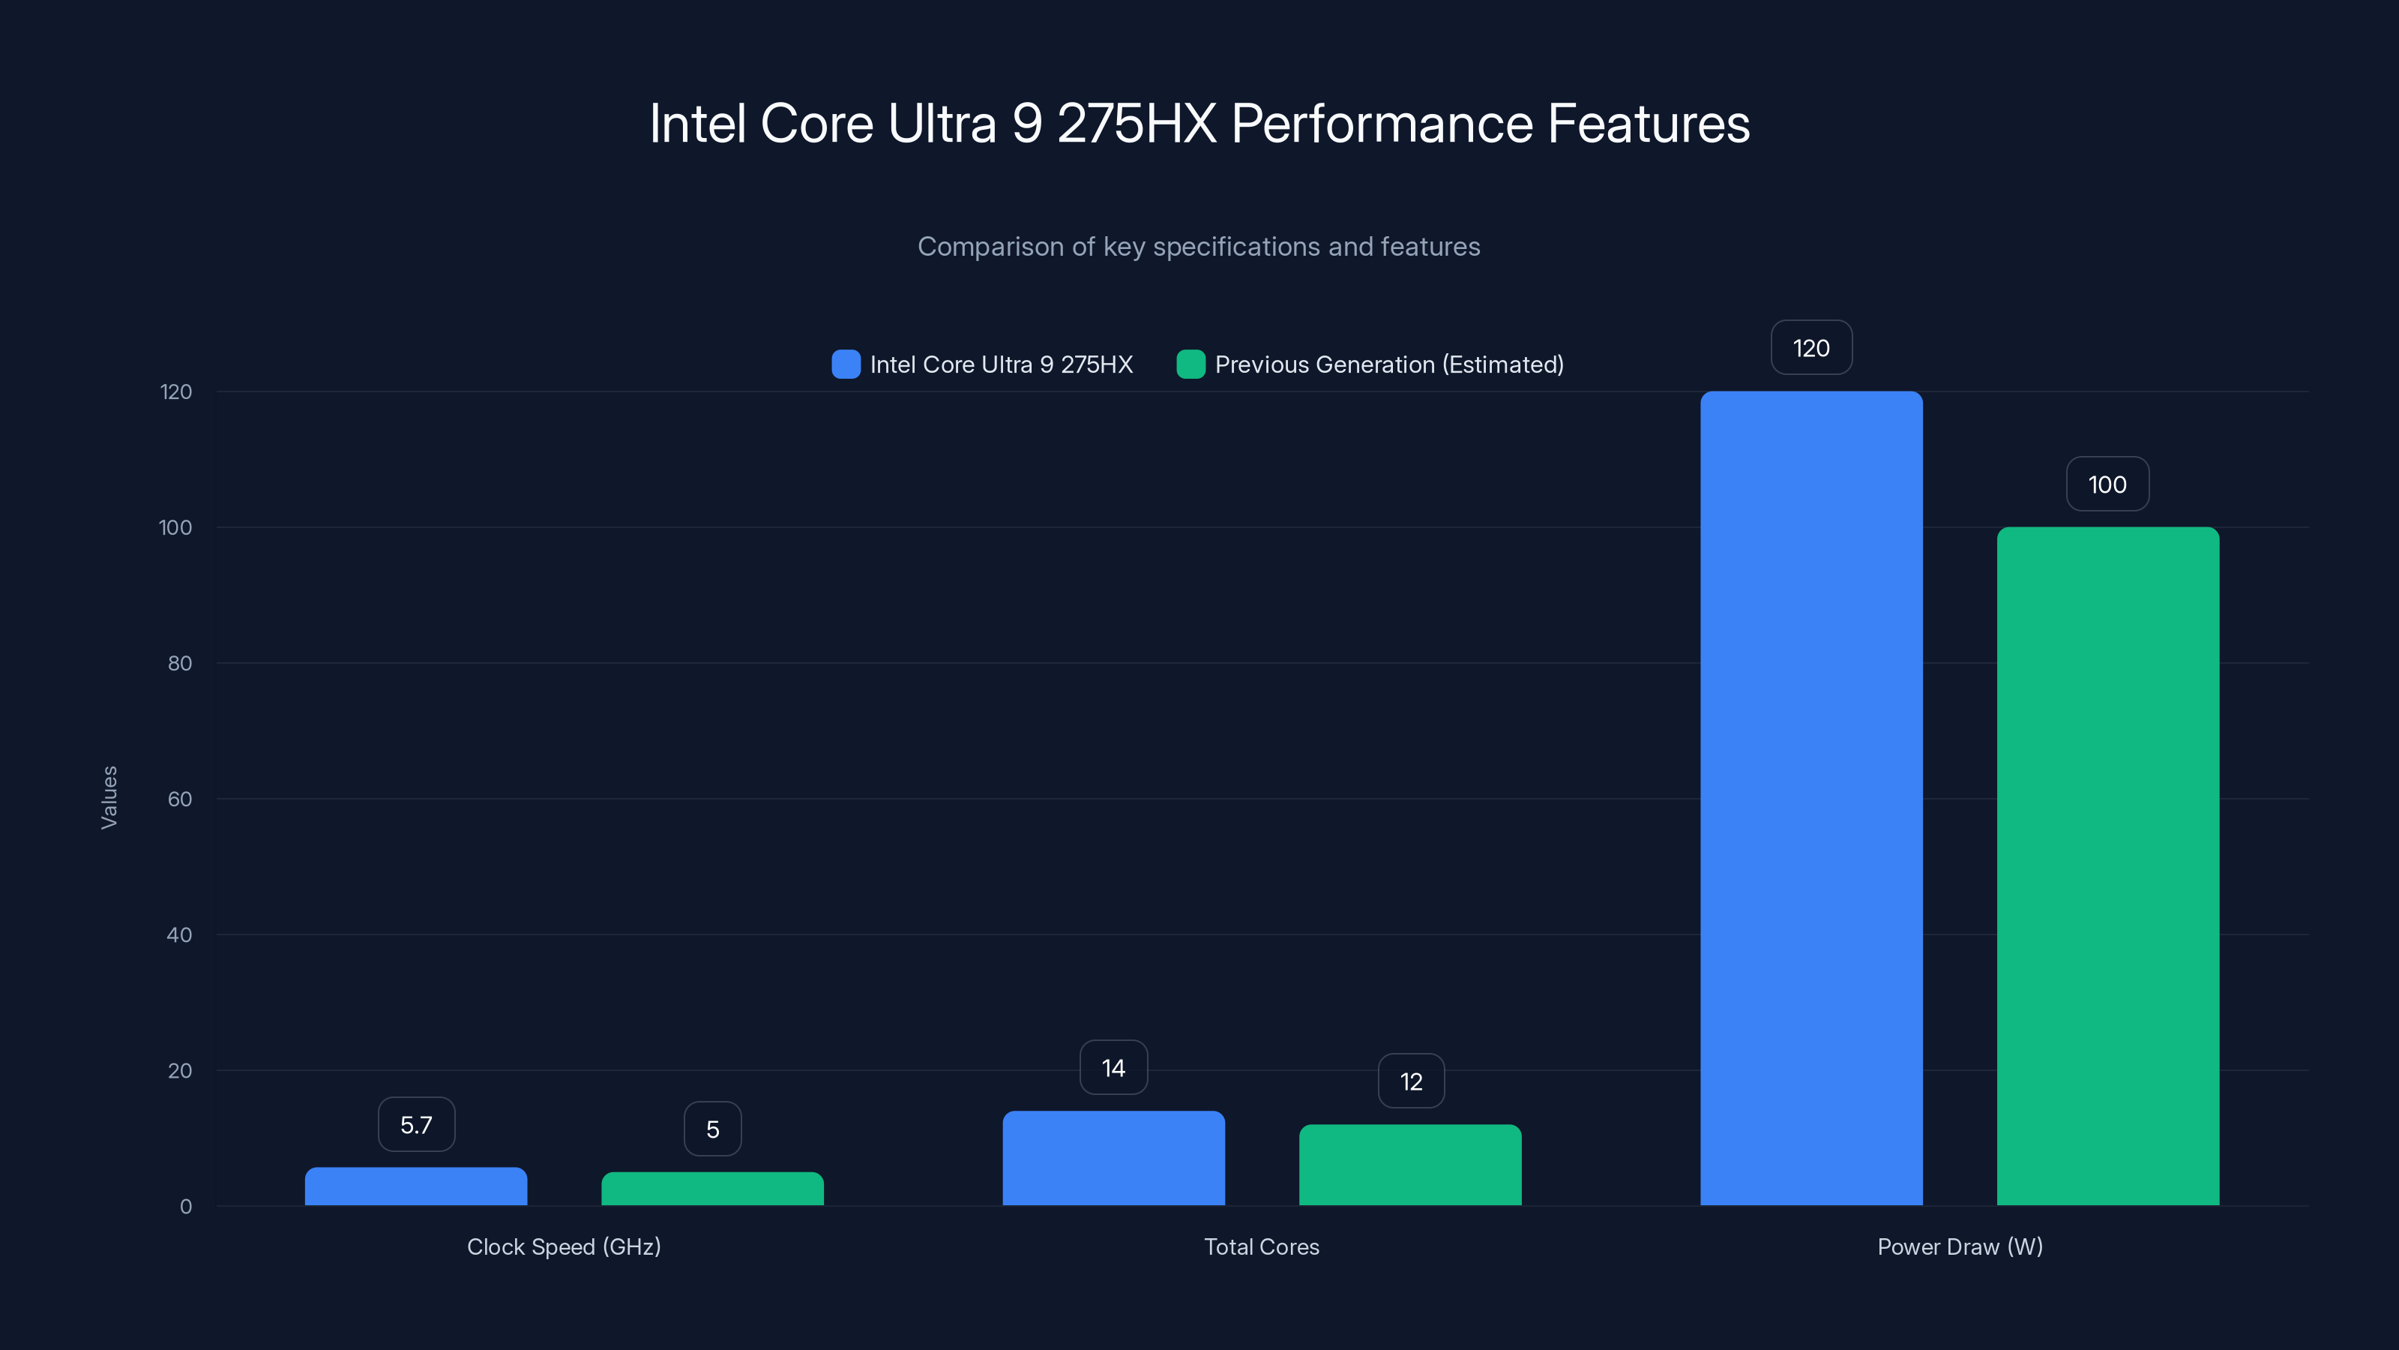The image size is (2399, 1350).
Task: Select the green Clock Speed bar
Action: pyautogui.click(x=712, y=1189)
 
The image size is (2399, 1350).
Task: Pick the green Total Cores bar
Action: pyautogui.click(x=1410, y=1165)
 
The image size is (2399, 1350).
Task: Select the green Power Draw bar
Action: pyautogui.click(x=2107, y=866)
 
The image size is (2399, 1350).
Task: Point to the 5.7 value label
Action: pyautogui.click(x=416, y=1124)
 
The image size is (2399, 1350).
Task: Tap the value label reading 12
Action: pyautogui.click(x=1411, y=1081)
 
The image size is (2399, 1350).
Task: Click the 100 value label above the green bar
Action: pyautogui.click(x=2107, y=484)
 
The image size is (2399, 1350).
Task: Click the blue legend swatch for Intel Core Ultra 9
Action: pyautogui.click(x=846, y=364)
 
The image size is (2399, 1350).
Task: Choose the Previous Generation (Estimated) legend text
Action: pyautogui.click(x=1388, y=364)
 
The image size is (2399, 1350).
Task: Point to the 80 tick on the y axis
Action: pyautogui.click(x=180, y=663)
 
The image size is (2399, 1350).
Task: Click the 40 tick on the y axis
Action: pyautogui.click(x=180, y=934)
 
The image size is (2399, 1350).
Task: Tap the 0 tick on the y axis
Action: pyautogui.click(x=185, y=1207)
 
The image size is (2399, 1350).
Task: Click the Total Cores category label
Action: pyautogui.click(x=1261, y=1246)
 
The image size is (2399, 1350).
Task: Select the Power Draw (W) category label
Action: pyautogui.click(x=1960, y=1246)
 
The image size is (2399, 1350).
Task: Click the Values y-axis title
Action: pyautogui.click(x=109, y=797)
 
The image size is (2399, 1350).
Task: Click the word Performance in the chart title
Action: pyautogui.click(x=1381, y=124)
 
